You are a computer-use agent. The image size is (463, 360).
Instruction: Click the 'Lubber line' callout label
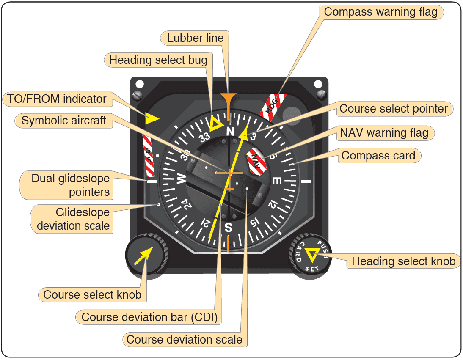[195, 38]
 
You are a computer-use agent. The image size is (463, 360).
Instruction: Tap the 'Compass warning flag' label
[380, 11]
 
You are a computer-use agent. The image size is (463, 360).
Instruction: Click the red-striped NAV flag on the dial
[255, 161]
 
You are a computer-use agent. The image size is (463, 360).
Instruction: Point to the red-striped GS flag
[149, 156]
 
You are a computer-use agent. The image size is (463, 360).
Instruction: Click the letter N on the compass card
[230, 131]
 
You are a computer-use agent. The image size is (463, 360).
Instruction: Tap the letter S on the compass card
[228, 228]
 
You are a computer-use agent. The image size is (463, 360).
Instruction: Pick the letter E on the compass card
[276, 181]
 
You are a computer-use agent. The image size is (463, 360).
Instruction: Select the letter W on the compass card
[181, 180]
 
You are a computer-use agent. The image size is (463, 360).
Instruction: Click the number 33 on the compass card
[205, 137]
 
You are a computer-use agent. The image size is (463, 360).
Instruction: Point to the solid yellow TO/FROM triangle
[152, 118]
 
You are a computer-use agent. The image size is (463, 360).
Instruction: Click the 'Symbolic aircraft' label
[64, 121]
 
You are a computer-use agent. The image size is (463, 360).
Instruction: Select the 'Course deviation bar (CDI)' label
[149, 317]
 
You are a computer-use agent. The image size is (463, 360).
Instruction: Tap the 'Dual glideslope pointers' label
[70, 185]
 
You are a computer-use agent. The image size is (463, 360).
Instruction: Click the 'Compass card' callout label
[378, 155]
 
